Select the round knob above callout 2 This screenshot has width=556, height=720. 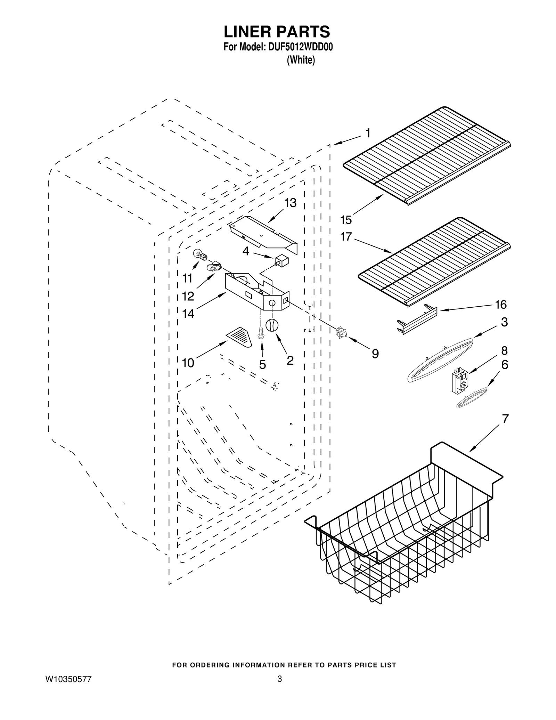tap(272, 325)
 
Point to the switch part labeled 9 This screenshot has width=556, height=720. tap(341, 332)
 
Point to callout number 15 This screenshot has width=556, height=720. tap(346, 220)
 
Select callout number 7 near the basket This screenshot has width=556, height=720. tap(505, 419)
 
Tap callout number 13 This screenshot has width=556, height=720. tap(291, 203)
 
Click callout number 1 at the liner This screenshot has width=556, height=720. tap(368, 133)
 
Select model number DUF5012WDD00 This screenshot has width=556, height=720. tap(300, 47)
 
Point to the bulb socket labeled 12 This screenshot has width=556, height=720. tap(214, 267)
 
